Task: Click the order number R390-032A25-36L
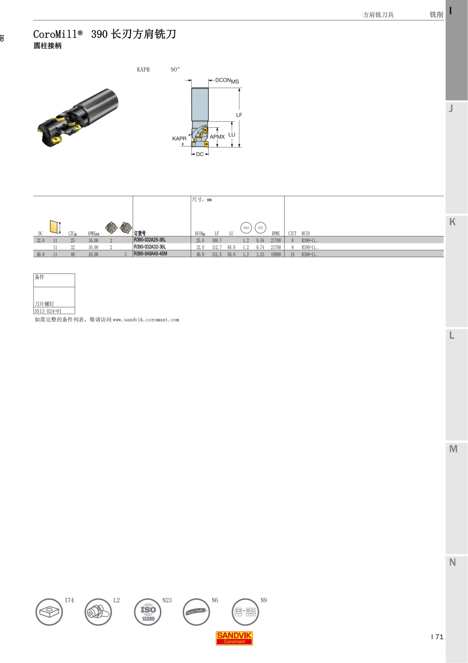(150, 240)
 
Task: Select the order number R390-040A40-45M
(151, 254)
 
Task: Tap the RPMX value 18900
(276, 254)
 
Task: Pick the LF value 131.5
(217, 254)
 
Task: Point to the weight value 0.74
(260, 247)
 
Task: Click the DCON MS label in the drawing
(227, 80)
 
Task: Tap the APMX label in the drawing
(217, 137)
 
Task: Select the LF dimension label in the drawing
(239, 115)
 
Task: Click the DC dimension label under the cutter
(200, 154)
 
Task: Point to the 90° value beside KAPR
(175, 70)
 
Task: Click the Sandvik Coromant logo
(234, 638)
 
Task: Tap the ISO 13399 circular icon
(148, 612)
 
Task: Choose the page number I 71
(437, 637)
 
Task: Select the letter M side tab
(453, 449)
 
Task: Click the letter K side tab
(452, 222)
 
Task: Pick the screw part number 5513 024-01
(48, 311)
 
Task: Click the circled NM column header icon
(246, 228)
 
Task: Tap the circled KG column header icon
(260, 228)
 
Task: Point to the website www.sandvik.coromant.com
(146, 320)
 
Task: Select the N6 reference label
(215, 600)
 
